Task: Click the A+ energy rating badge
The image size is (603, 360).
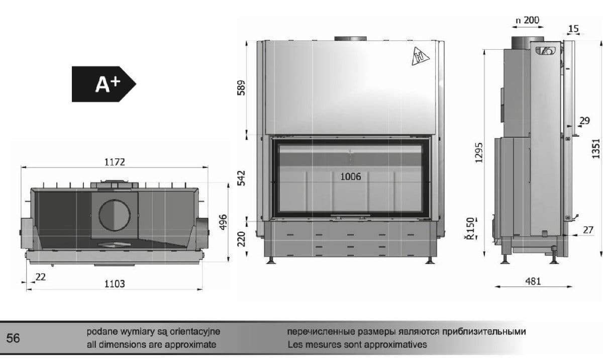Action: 104,84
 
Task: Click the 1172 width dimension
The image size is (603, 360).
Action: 115,162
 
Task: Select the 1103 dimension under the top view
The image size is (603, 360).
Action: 115,284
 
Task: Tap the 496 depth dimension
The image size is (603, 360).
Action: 223,222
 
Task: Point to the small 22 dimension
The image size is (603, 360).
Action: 41,277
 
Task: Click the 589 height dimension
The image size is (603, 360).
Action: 241,88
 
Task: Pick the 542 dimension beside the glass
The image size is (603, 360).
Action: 241,178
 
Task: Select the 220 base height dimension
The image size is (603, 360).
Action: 241,239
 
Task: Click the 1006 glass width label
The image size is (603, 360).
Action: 351,176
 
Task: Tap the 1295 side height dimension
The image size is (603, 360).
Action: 479,153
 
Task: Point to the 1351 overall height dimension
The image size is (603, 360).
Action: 596,149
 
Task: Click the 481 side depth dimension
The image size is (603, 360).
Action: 533,282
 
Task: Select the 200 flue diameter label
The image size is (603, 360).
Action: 532,20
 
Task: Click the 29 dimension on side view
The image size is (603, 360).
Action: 584,121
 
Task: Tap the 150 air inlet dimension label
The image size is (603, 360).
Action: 470,225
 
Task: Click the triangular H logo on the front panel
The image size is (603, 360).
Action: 420,56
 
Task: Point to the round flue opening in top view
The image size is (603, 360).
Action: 115,215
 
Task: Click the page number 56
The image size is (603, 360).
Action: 13,338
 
